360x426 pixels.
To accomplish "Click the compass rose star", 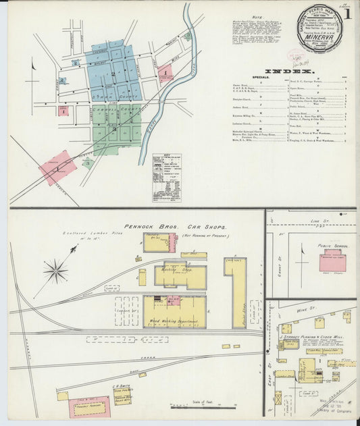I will (55, 271).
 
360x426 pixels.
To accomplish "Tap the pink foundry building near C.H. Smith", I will (88, 406).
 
